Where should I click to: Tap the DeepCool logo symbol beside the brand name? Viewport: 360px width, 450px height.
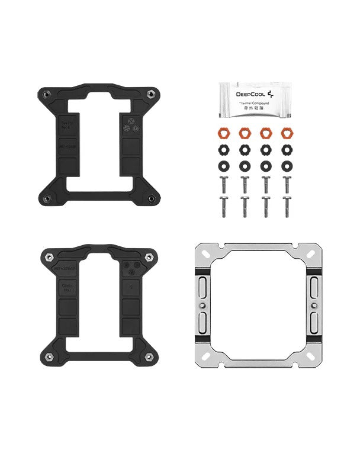[x=271, y=94]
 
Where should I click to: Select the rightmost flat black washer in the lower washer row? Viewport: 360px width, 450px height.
[x=287, y=164]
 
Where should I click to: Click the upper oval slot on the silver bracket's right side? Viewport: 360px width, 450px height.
[x=314, y=287]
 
